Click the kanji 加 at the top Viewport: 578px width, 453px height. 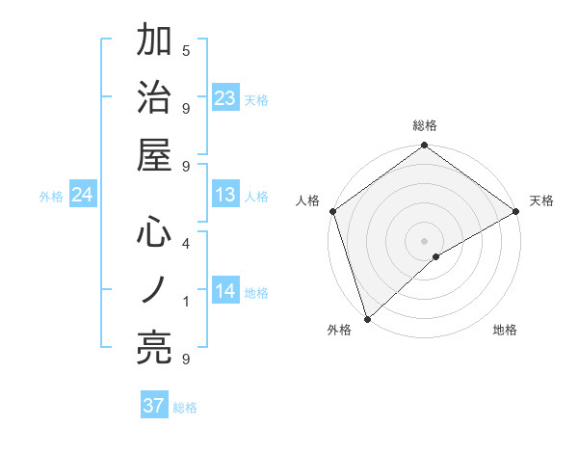[155, 40]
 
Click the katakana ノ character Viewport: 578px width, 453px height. [155, 290]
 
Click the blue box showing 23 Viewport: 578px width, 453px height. [225, 97]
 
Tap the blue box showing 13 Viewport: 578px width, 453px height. [225, 195]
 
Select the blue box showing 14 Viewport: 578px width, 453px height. [225, 291]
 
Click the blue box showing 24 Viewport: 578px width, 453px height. [83, 195]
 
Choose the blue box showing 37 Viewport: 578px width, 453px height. [153, 406]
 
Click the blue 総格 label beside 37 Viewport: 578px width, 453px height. [185, 408]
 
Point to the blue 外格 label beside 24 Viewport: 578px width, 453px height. [51, 197]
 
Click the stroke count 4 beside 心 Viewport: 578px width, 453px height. [186, 244]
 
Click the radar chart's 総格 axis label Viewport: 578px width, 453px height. [425, 125]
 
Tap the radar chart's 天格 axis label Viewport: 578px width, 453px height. [541, 200]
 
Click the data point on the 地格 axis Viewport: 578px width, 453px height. [436, 256]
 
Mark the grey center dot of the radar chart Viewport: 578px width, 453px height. [424, 240]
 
